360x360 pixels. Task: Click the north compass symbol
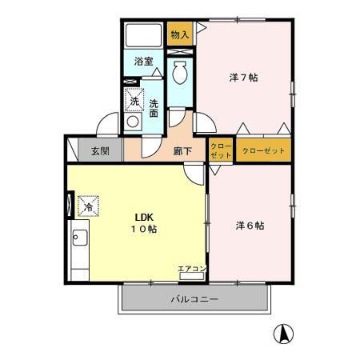[283, 334]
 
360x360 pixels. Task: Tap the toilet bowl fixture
[180, 73]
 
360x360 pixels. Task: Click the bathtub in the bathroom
[143, 35]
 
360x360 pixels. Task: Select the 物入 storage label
[180, 34]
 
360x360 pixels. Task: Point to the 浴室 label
[143, 62]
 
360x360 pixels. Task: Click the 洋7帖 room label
[243, 78]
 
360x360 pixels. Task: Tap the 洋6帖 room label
[250, 226]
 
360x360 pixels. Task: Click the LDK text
[144, 218]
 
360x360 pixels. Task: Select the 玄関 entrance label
[100, 151]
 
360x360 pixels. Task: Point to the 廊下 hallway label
[182, 151]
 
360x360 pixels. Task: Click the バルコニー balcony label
[194, 299]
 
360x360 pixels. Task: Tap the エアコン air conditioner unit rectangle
[192, 276]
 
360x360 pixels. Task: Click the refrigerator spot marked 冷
[88, 206]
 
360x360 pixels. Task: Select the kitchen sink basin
[80, 238]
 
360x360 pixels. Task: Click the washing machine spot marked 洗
[134, 100]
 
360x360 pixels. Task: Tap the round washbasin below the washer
[133, 122]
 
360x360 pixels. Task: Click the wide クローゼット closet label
[263, 150]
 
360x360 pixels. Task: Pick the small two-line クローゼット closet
[221, 150]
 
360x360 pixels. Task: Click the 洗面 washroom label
[154, 109]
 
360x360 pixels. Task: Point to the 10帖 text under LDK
[144, 229]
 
